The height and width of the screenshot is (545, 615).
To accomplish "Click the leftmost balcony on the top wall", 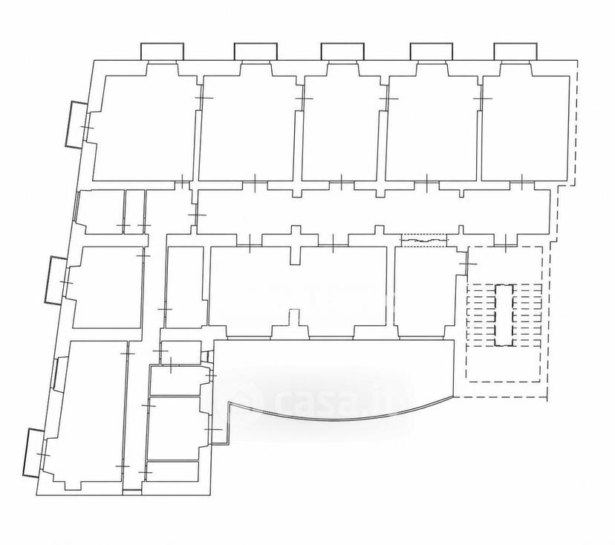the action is coord(162,51).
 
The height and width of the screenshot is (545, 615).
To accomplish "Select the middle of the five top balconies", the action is coord(342,51).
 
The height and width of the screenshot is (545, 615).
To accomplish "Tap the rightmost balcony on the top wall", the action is coord(515,51).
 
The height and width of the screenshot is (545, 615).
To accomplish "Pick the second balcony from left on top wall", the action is coord(256,51).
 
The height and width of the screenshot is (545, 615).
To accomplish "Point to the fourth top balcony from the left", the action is coord(432,51).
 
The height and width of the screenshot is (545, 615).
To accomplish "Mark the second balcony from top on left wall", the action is coord(55,280).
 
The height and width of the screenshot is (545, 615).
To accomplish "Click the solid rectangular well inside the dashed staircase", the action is coord(504,316).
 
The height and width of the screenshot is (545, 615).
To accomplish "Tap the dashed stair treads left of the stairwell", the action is coord(481,316).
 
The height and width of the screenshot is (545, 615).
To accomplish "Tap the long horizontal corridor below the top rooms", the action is coord(373,212).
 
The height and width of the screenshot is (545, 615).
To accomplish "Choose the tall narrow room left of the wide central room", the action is coord(185,287).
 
